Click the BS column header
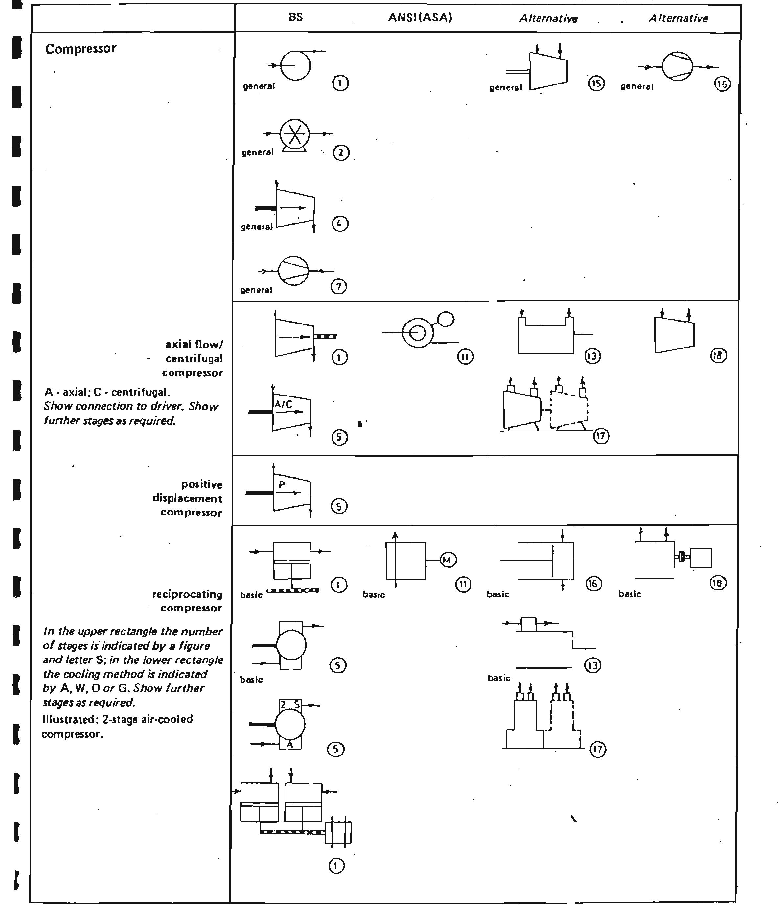[296, 17]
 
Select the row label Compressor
[80, 49]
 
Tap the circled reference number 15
[596, 84]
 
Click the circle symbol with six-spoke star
[295, 134]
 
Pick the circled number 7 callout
[338, 287]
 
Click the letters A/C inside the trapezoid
[284, 404]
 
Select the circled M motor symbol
[448, 560]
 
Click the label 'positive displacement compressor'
[189, 499]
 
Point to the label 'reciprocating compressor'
[188, 601]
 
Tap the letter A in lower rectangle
[289, 744]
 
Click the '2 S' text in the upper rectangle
[290, 705]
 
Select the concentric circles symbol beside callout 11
[418, 333]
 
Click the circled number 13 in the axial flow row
[592, 356]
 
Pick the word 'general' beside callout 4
[257, 227]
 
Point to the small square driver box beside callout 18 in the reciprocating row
[700, 558]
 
